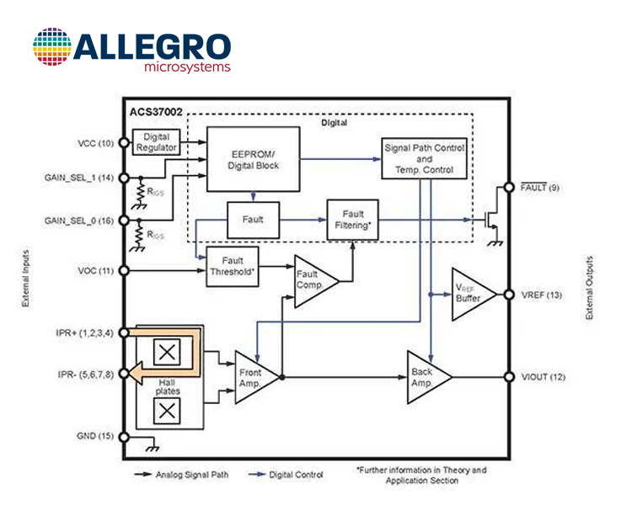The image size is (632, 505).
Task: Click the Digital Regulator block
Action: [157, 141]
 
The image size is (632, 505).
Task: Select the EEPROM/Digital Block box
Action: [253, 159]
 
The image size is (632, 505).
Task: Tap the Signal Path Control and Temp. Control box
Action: [425, 159]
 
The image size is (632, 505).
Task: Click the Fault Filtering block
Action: [353, 220]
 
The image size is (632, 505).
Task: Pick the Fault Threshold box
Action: [233, 266]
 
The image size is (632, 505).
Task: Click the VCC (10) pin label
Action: [95, 143]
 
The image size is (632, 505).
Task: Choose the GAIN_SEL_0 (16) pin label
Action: [79, 221]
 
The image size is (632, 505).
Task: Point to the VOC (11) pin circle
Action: [124, 271]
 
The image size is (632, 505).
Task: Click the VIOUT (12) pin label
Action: [544, 377]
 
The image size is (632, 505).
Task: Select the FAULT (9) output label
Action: [539, 187]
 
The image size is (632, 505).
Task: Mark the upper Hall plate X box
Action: [167, 353]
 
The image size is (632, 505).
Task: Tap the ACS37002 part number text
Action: [156, 112]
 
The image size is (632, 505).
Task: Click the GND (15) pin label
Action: [95, 436]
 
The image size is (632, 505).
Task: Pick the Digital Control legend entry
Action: [286, 475]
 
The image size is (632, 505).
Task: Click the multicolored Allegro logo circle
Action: [52, 47]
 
